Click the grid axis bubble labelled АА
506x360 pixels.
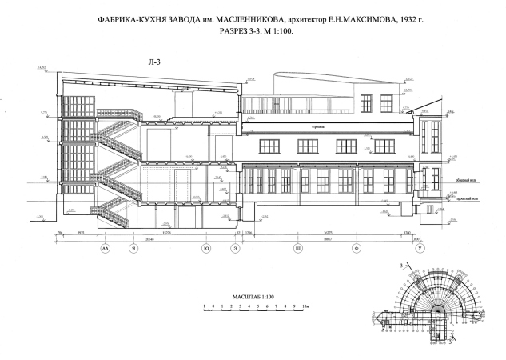tap(105, 250)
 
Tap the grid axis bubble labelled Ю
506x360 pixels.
tap(207, 250)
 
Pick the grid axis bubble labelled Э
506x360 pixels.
tap(235, 250)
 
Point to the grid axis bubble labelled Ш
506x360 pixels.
tap(298, 250)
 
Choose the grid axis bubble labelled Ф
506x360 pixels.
tap(356, 250)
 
